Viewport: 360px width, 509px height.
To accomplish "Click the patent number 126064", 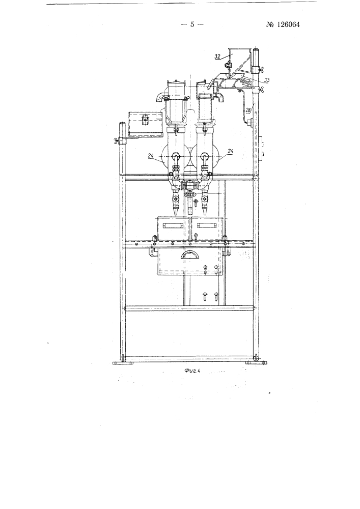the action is (x=283, y=24).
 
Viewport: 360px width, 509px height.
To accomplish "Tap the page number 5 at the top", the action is (x=192, y=24).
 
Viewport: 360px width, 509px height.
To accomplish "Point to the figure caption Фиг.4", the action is (x=191, y=372).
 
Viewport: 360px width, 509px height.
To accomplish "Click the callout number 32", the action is (x=217, y=56).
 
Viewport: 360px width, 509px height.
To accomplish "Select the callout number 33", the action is (x=267, y=79).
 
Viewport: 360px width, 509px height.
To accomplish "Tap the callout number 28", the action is (x=248, y=110).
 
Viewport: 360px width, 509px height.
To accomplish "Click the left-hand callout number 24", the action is (x=151, y=155).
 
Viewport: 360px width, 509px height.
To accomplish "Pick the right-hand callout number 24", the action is (x=231, y=151).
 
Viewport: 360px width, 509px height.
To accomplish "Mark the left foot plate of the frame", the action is (x=123, y=363).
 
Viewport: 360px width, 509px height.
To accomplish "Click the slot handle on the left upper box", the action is (x=173, y=225).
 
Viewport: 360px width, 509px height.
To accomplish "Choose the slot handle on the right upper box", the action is (x=206, y=225).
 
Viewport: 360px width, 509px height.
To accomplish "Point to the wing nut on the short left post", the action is (x=116, y=141).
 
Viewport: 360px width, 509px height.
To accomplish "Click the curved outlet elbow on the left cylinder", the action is (x=160, y=96).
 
